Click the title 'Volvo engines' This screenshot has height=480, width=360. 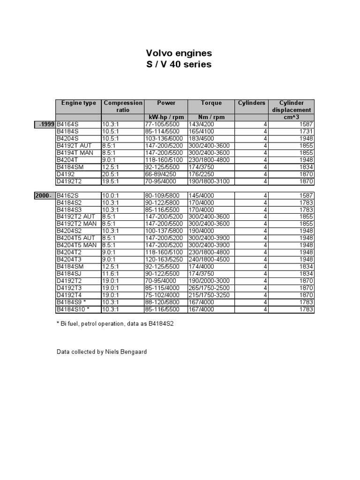(179, 53)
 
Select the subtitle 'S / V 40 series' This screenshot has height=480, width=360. (179, 64)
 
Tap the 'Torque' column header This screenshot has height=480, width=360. (211, 103)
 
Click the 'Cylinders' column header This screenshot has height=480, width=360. (252, 103)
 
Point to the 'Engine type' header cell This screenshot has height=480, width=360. (79, 103)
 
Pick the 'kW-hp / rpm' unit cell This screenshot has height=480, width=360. (166, 117)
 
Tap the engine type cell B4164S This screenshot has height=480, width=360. (68, 124)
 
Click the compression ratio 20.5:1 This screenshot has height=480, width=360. (112, 174)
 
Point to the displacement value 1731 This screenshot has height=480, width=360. (305, 132)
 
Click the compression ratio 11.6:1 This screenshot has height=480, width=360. (112, 274)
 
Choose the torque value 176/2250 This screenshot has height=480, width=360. (202, 174)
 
